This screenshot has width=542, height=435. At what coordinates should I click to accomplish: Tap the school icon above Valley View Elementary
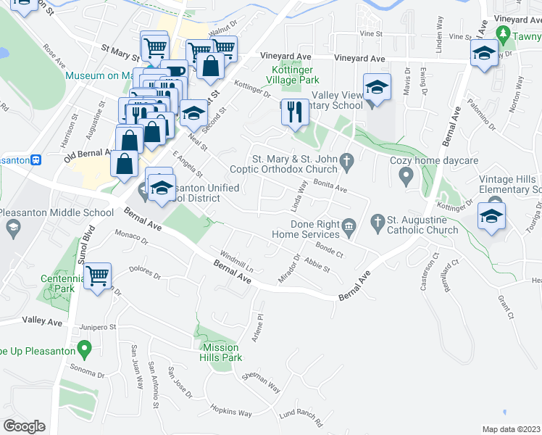[377, 88]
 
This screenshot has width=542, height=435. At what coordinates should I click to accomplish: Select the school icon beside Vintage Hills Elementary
[491, 216]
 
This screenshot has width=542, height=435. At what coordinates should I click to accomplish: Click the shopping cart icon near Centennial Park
[97, 275]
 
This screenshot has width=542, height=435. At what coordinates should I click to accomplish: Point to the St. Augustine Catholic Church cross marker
[377, 220]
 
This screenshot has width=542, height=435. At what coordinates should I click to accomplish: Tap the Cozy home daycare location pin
[406, 175]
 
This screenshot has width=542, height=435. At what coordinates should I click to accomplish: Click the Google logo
[24, 426]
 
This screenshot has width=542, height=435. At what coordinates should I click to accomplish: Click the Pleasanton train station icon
[34, 159]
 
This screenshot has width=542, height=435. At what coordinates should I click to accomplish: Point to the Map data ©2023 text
[511, 429]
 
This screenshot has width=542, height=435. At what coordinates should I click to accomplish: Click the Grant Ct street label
[506, 307]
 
